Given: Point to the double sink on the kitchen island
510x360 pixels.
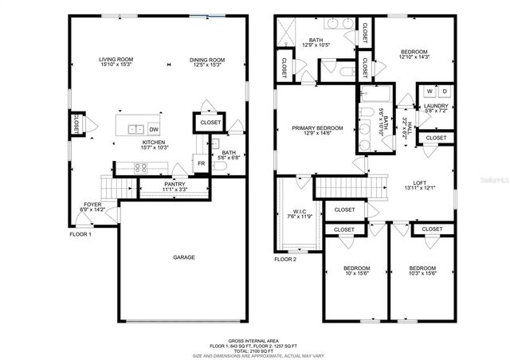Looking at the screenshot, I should tap(133, 128).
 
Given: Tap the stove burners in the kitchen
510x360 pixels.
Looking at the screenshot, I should tap(140, 167).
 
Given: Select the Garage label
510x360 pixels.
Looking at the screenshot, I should tap(184, 256).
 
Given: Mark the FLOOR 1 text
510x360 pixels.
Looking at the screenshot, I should tap(80, 234).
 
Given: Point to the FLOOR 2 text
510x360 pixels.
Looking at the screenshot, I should tap(285, 259).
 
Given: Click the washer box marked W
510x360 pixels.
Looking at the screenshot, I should tap(428, 92).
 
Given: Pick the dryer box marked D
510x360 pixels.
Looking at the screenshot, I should tap(444, 92).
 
